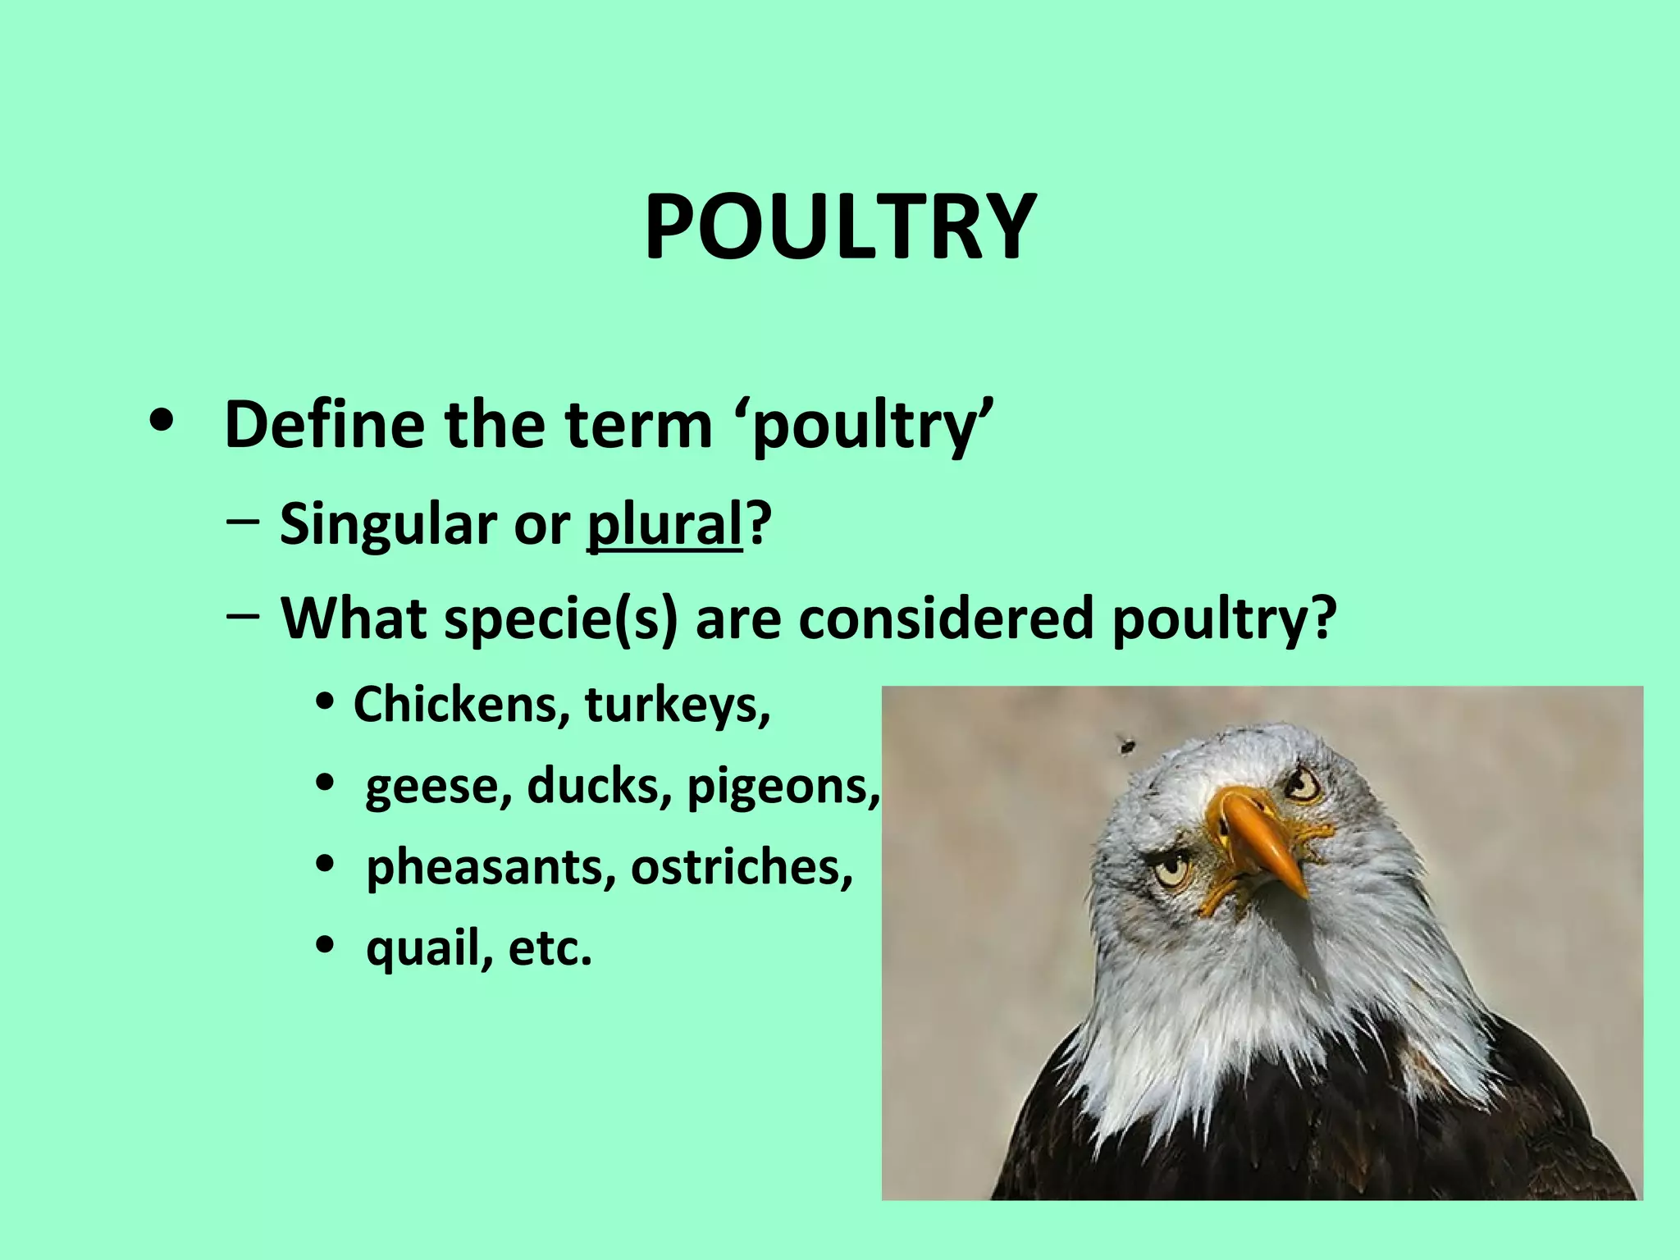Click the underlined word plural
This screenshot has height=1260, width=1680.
coord(664,525)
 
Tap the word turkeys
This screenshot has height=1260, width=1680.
coord(678,704)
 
